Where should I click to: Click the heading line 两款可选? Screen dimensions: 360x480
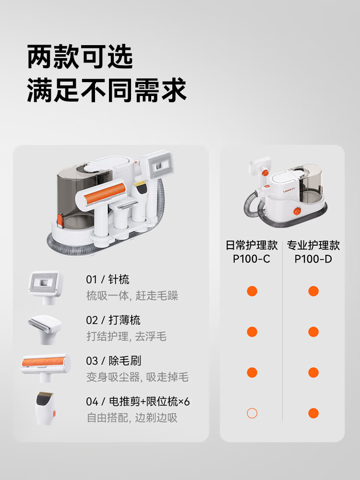click(80, 57)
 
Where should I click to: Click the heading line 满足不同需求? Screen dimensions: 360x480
click(107, 90)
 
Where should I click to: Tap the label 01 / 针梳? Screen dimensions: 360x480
click(108, 279)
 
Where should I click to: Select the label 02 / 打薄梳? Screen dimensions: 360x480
click(113, 320)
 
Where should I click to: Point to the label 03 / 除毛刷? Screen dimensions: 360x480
click(113, 360)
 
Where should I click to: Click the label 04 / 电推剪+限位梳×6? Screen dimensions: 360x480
click(138, 401)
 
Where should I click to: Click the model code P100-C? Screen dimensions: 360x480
click(252, 259)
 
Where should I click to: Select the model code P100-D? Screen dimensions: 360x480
click(313, 259)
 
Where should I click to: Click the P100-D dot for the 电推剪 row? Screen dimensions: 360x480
click(313, 413)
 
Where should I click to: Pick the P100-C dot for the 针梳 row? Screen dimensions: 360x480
click(252, 291)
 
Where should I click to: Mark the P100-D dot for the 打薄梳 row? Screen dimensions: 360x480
click(313, 332)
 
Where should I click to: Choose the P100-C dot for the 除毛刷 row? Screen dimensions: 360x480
click(252, 372)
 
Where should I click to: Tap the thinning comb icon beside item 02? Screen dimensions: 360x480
click(45, 329)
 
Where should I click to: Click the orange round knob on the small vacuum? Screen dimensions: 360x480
click(297, 211)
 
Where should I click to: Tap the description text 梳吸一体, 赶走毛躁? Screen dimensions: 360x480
click(132, 296)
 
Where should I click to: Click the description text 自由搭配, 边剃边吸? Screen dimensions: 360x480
click(132, 418)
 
